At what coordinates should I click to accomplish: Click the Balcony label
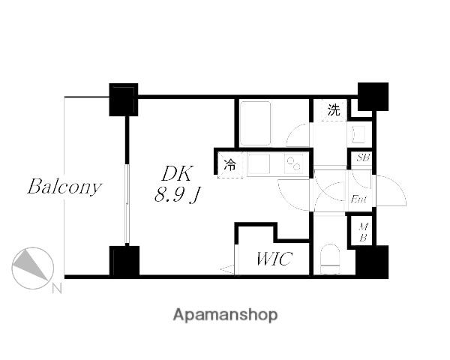(x=64, y=187)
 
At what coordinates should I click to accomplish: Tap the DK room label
(x=176, y=173)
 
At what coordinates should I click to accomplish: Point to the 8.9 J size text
(x=177, y=195)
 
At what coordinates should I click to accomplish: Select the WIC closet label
(x=274, y=258)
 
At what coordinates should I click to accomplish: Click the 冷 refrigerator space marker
(x=230, y=165)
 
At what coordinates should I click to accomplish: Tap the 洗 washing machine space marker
(x=334, y=109)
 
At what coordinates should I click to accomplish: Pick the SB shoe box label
(x=363, y=157)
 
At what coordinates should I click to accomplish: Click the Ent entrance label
(x=358, y=199)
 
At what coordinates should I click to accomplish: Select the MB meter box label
(x=363, y=232)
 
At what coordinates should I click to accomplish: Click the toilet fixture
(x=330, y=259)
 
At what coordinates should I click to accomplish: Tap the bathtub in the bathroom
(x=255, y=123)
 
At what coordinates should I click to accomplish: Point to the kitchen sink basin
(x=259, y=164)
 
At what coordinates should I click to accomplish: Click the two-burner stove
(x=293, y=164)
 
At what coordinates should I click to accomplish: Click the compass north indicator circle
(x=33, y=268)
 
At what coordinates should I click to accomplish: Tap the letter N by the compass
(x=57, y=289)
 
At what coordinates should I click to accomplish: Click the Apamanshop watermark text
(x=225, y=315)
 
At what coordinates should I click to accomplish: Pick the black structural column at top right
(x=373, y=97)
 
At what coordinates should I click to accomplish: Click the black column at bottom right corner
(x=372, y=262)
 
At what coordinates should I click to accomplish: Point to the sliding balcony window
(x=127, y=205)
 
